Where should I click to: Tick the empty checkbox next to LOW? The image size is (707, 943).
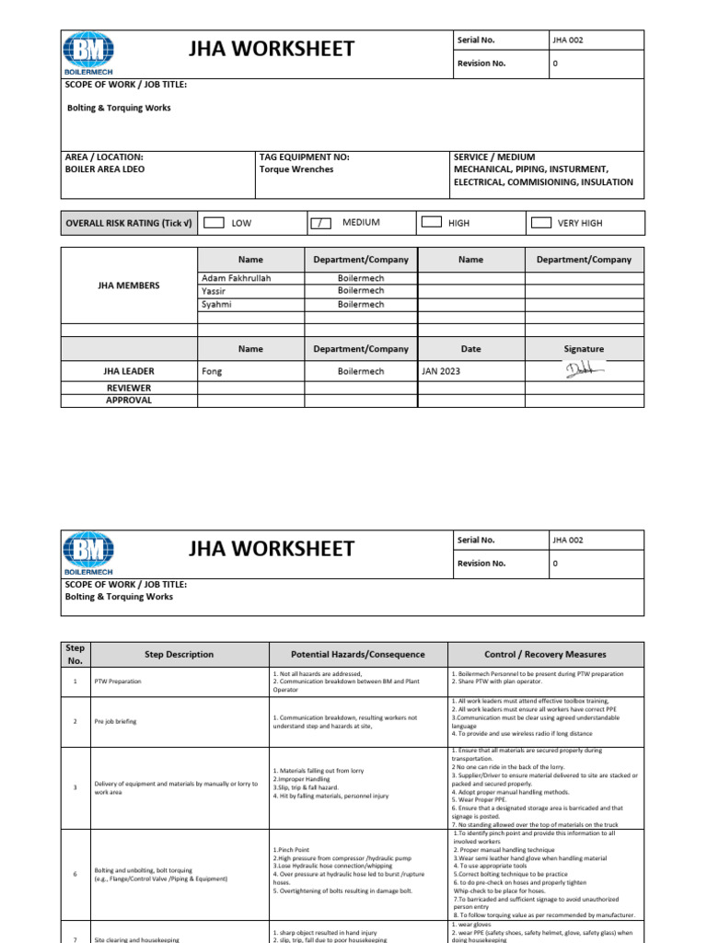(213, 223)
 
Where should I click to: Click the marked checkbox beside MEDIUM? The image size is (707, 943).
(319, 223)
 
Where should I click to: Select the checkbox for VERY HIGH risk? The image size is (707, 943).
(541, 223)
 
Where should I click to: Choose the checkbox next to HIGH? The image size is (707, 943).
(430, 223)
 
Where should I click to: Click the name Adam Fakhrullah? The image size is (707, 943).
(236, 278)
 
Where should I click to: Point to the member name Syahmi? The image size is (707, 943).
(217, 304)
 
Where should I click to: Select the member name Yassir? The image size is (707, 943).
(214, 291)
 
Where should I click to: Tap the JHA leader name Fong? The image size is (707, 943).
(212, 372)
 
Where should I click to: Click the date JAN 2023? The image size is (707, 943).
(442, 372)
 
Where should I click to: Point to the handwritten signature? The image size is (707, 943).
(582, 370)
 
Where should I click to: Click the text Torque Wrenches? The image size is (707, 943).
(296, 169)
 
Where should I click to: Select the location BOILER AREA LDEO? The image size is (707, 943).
(105, 169)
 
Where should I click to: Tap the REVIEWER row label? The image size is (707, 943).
(129, 389)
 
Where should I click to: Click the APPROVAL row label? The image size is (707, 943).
(129, 401)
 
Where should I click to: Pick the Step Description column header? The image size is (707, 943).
(179, 655)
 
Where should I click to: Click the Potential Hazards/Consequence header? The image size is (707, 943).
(358, 655)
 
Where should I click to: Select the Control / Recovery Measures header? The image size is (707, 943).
(547, 655)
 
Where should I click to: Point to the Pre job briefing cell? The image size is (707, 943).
(116, 721)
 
